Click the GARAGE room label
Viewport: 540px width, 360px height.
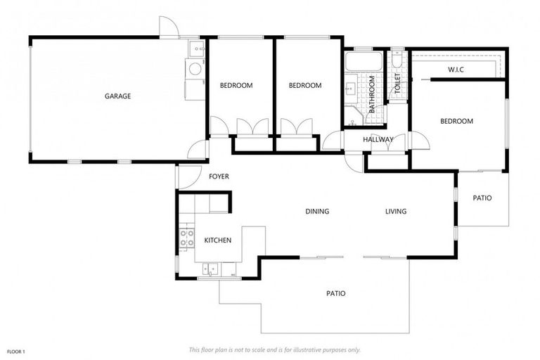(x=118, y=96)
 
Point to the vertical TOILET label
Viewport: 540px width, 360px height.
(x=397, y=84)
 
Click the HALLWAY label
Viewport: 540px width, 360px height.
(x=378, y=139)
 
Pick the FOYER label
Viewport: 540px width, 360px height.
(x=219, y=176)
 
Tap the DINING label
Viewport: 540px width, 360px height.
(x=317, y=211)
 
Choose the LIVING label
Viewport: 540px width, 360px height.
(x=395, y=211)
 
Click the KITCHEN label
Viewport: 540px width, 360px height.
(x=217, y=240)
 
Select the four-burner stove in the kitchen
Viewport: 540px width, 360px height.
(x=186, y=238)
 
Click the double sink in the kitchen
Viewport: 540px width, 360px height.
(x=210, y=268)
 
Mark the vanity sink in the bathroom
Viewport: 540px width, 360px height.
(x=350, y=89)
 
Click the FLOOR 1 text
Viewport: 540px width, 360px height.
(x=16, y=350)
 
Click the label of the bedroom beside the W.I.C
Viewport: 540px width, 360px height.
(x=456, y=121)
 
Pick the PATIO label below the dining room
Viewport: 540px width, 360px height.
(x=335, y=293)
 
